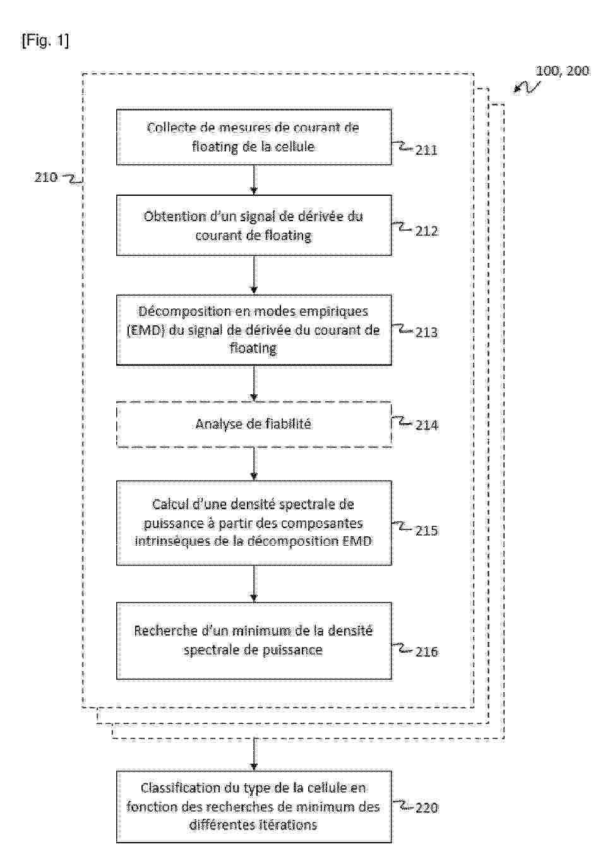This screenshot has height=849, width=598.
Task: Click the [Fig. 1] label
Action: tap(45, 42)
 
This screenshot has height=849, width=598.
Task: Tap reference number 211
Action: tap(426, 150)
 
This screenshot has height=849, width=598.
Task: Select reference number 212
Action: tap(426, 231)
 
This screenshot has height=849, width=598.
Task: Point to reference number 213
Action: tap(426, 332)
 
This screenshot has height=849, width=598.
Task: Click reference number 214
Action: tap(426, 425)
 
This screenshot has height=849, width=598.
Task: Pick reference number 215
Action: tap(426, 531)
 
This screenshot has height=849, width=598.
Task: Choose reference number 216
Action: tap(426, 651)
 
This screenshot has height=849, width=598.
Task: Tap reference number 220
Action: tap(426, 808)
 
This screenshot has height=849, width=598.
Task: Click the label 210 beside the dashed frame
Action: tap(45, 178)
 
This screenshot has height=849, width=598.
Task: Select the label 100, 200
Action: tap(562, 71)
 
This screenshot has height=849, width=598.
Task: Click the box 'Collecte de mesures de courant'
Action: tap(253, 137)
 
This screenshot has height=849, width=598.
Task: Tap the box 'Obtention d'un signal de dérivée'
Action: tap(253, 226)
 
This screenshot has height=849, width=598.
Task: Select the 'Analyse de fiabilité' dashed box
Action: tap(253, 424)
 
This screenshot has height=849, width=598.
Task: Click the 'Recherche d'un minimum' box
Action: tap(253, 641)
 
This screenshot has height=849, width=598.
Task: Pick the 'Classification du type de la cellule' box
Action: tap(253, 807)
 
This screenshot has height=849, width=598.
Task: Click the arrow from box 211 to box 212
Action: tap(254, 180)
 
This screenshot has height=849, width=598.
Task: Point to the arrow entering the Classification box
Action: tap(254, 755)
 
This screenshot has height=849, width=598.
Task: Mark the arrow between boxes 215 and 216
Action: tap(254, 584)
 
